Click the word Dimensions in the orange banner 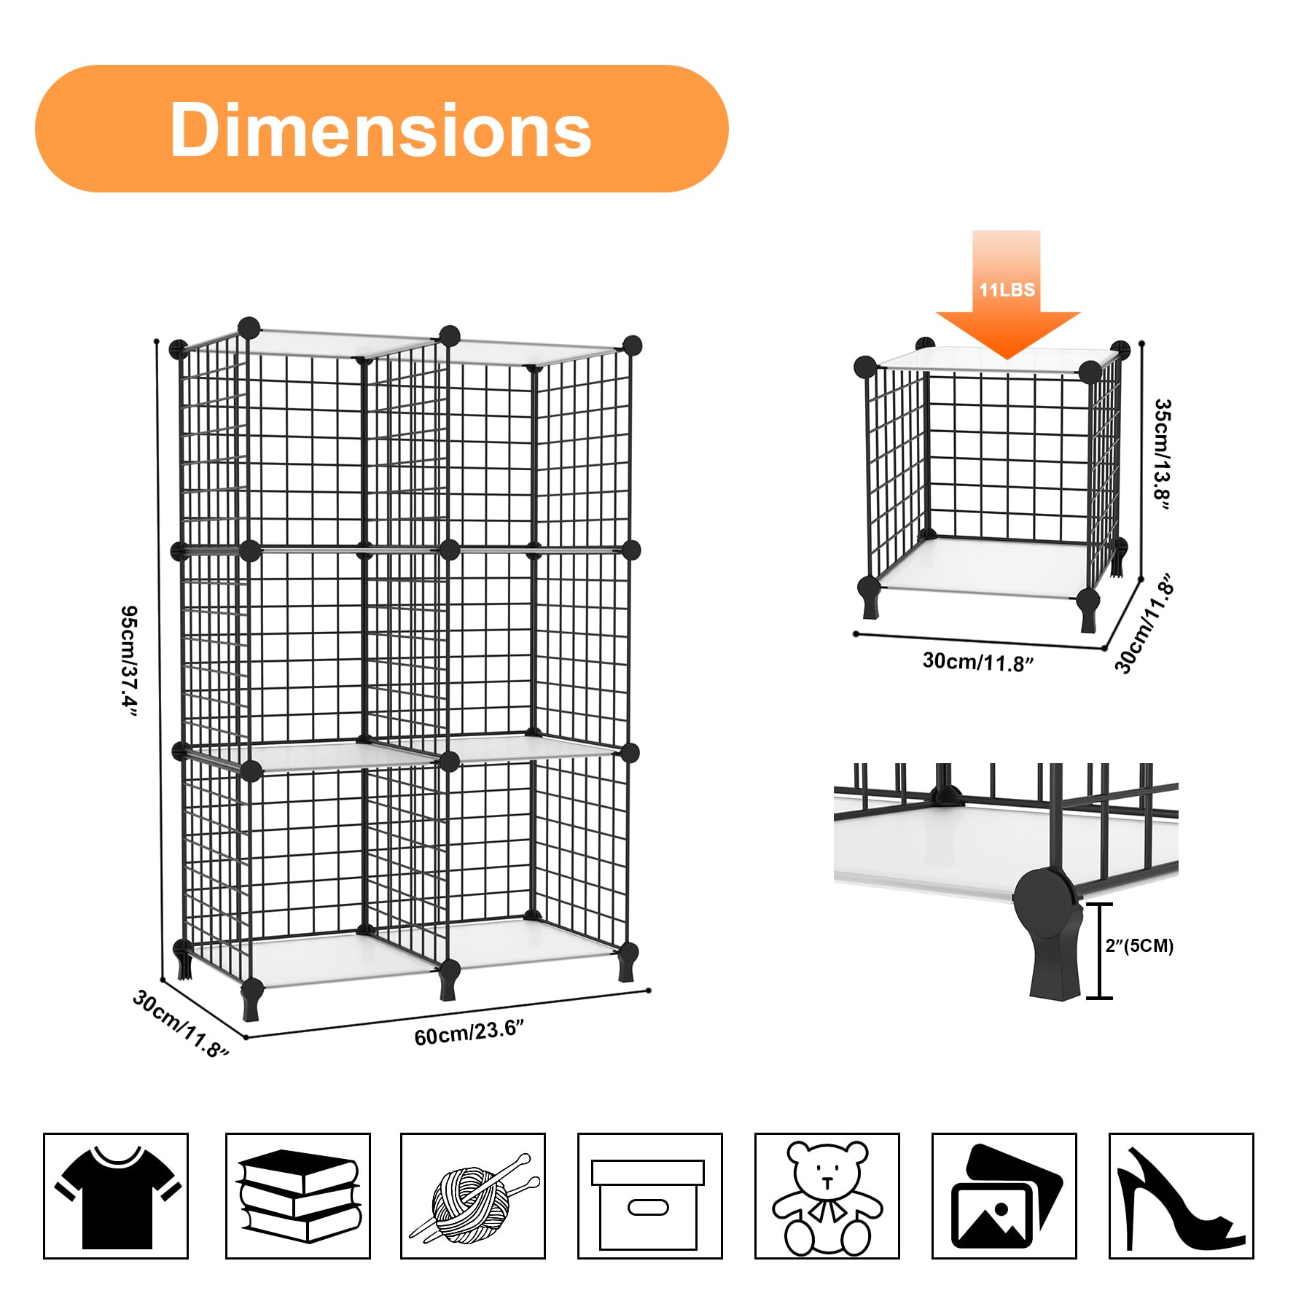380,130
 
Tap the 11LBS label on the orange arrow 1007,289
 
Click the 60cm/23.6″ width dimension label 469,1032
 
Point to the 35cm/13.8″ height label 1162,454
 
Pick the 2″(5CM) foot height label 1139,946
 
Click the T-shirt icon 116,1196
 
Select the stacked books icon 298,1196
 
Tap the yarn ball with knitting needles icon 473,1196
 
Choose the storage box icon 649,1196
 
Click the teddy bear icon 827,1196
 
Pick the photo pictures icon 1004,1196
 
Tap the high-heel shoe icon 1181,1196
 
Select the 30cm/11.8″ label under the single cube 978,662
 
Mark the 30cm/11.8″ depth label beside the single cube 1145,624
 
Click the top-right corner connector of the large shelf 631,345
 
